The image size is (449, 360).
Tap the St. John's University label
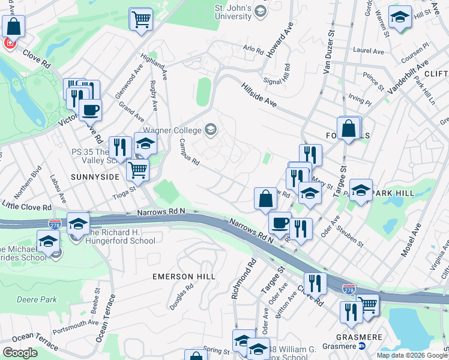234,12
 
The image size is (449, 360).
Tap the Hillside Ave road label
259,95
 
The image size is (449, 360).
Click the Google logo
20,353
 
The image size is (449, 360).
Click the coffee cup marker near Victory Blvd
90,110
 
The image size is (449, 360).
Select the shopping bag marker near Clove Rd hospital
13,26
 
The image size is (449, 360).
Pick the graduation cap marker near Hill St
400,17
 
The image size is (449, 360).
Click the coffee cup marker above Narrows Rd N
279,223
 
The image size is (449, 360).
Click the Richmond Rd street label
244,280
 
